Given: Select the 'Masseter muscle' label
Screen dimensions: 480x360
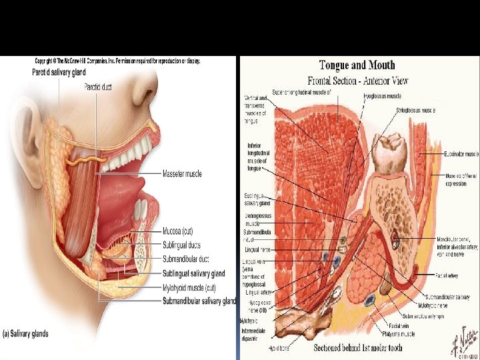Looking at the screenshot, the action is tap(182, 174).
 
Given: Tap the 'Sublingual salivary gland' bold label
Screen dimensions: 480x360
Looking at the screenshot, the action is tap(194, 273).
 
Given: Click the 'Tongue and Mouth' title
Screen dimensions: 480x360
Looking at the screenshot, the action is tap(357, 65).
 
